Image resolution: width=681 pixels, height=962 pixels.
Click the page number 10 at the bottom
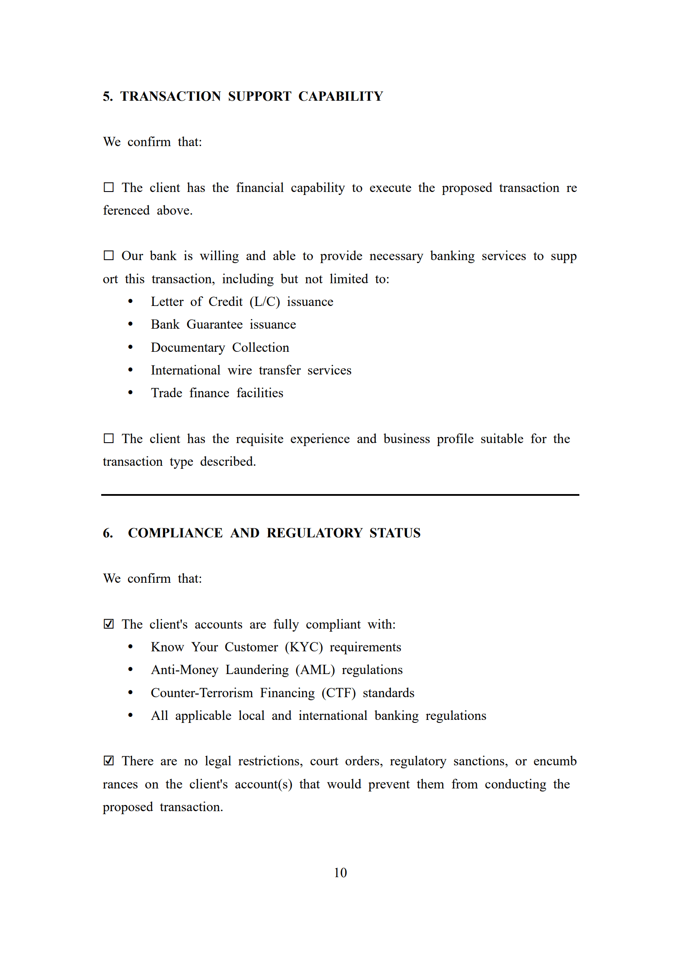pyautogui.click(x=340, y=873)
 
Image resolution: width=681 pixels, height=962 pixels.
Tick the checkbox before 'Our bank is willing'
pyautogui.click(x=108, y=256)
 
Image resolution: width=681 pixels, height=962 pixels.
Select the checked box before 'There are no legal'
pyautogui.click(x=108, y=761)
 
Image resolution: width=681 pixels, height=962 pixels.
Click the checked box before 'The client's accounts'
pyautogui.click(x=108, y=624)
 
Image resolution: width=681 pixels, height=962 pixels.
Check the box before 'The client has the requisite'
pyautogui.click(x=108, y=439)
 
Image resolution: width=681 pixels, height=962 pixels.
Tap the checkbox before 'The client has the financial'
pyautogui.click(x=108, y=188)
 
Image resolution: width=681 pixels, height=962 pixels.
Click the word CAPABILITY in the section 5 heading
pyautogui.click(x=340, y=96)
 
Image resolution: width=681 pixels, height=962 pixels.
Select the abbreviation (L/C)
pyautogui.click(x=265, y=302)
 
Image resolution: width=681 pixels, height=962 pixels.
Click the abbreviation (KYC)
pyautogui.click(x=304, y=647)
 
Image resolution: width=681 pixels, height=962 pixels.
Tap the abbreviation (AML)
pyautogui.click(x=315, y=670)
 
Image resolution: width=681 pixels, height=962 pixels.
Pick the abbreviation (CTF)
pyautogui.click(x=338, y=693)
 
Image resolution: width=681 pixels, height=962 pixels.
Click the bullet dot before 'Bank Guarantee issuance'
pyautogui.click(x=130, y=324)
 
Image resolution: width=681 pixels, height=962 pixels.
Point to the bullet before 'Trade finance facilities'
pyautogui.click(x=130, y=393)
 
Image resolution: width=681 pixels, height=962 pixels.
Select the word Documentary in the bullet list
pyautogui.click(x=188, y=348)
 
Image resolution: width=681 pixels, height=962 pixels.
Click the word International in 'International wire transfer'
pyautogui.click(x=185, y=370)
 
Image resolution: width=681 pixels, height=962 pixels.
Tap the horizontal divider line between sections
pyautogui.click(x=340, y=495)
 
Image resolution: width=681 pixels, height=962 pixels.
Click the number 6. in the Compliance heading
pyautogui.click(x=108, y=533)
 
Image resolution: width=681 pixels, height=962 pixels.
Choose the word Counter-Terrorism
pyautogui.click(x=202, y=693)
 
